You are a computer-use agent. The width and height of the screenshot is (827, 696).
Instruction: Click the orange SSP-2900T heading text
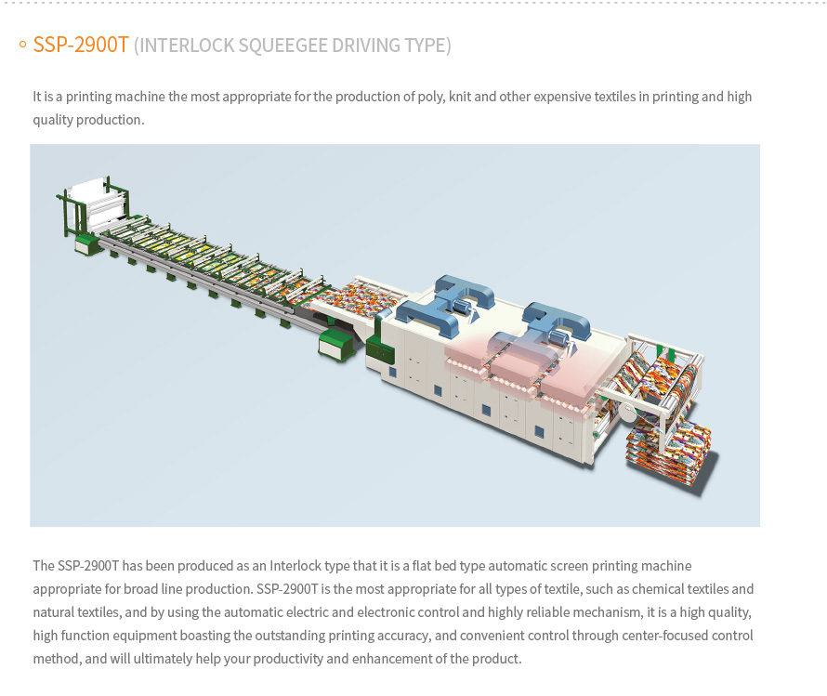point(81,46)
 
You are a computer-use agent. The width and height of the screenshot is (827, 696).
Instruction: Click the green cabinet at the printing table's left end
point(88,244)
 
